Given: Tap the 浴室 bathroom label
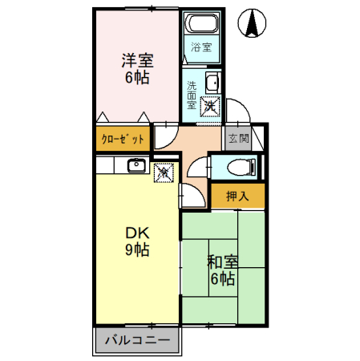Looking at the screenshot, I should tap(200, 47).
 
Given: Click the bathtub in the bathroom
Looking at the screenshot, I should tap(200, 25).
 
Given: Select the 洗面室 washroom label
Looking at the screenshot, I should tap(192, 94).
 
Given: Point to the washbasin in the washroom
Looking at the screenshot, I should tap(212, 83).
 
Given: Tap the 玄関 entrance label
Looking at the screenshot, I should tap(238, 138).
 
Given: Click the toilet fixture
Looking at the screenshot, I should tap(239, 166).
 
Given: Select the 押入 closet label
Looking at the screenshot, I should tap(237, 194).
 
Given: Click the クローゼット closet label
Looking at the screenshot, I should tap(122, 139).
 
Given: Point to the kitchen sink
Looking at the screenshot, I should tap(135, 166).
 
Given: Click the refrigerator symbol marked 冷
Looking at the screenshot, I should tap(162, 172).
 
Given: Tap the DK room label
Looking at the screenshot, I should tap(136, 233).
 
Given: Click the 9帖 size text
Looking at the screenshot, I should tap(136, 250).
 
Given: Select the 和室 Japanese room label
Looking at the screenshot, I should tap(222, 262).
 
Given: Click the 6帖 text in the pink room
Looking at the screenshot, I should tap(137, 79).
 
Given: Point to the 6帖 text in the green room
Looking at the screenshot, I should tap(222, 280).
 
